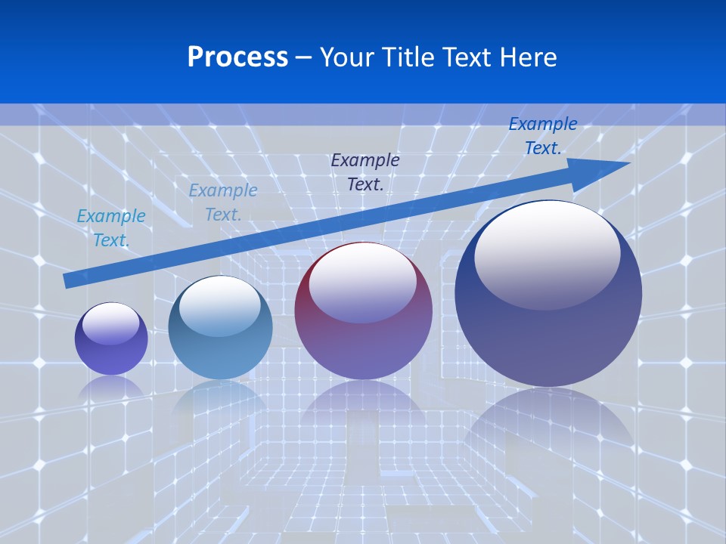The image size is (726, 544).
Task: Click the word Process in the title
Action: (237, 57)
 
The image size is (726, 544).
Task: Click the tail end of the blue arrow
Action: (68, 280)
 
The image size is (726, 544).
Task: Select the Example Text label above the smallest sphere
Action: (111, 227)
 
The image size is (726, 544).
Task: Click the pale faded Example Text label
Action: (223, 202)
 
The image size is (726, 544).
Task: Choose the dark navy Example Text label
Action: (365, 172)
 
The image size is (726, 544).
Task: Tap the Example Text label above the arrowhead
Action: (542, 136)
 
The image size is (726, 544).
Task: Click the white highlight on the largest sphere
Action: (547, 253)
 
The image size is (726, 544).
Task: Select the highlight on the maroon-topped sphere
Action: (362, 282)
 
